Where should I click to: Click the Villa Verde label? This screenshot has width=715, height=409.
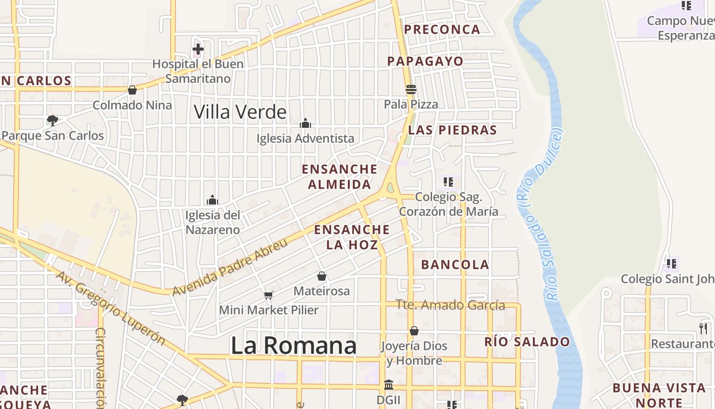click(x=240, y=111)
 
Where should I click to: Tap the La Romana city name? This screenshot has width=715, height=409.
click(x=293, y=346)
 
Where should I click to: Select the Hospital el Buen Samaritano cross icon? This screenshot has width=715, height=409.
click(x=198, y=50)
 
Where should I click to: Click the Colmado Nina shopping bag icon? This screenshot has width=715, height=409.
click(x=132, y=90)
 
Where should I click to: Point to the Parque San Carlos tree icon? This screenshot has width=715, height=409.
click(x=52, y=121)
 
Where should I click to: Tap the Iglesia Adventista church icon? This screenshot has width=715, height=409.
click(x=305, y=123)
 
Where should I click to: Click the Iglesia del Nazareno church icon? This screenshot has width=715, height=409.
click(x=212, y=200)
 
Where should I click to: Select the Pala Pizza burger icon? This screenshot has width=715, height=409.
click(x=411, y=89)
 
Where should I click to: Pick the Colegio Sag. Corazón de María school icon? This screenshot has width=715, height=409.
click(x=448, y=181)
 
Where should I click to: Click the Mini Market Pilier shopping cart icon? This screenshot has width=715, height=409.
click(x=269, y=295)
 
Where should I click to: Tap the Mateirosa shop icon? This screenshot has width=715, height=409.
click(x=322, y=277)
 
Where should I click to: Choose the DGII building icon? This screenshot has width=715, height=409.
click(x=388, y=384)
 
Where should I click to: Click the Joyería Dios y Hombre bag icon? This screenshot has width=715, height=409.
click(x=414, y=331)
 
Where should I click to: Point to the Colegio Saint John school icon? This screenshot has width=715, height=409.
click(x=671, y=264)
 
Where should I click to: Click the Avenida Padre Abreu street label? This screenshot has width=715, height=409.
click(x=230, y=267)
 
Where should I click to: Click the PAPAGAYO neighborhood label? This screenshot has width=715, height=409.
click(x=425, y=61)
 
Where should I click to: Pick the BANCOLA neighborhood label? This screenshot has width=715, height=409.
click(x=455, y=265)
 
